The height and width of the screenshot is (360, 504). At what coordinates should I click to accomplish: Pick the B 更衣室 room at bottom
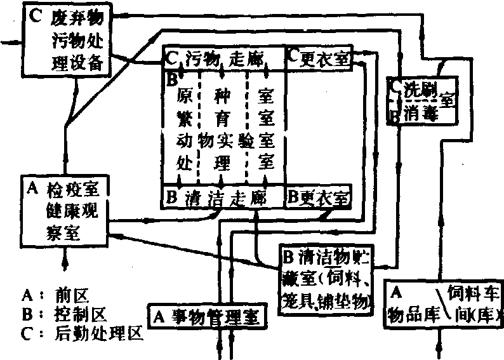(318, 197)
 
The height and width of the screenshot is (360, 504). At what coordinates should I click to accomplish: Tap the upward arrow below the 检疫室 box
(65, 258)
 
